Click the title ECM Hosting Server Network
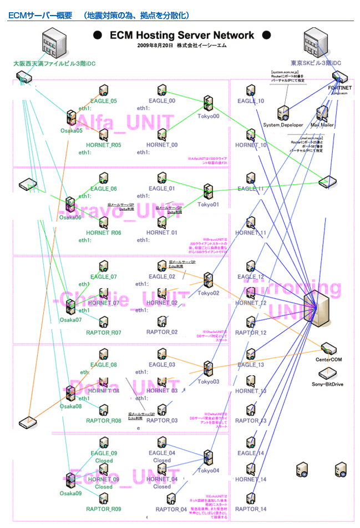click(x=182, y=36)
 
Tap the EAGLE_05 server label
click(x=104, y=101)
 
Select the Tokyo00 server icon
click(x=209, y=102)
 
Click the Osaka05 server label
click(x=71, y=130)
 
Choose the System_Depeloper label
click(x=283, y=125)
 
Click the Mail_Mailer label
click(x=322, y=125)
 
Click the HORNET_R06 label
click(x=104, y=233)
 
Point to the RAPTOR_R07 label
click(x=104, y=333)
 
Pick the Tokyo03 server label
click(x=209, y=382)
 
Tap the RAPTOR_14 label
click(x=251, y=509)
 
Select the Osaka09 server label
click(x=71, y=493)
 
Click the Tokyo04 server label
click(x=209, y=470)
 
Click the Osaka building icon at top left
click(x=55, y=42)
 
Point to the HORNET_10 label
click(x=251, y=145)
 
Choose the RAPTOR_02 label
click(x=162, y=332)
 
